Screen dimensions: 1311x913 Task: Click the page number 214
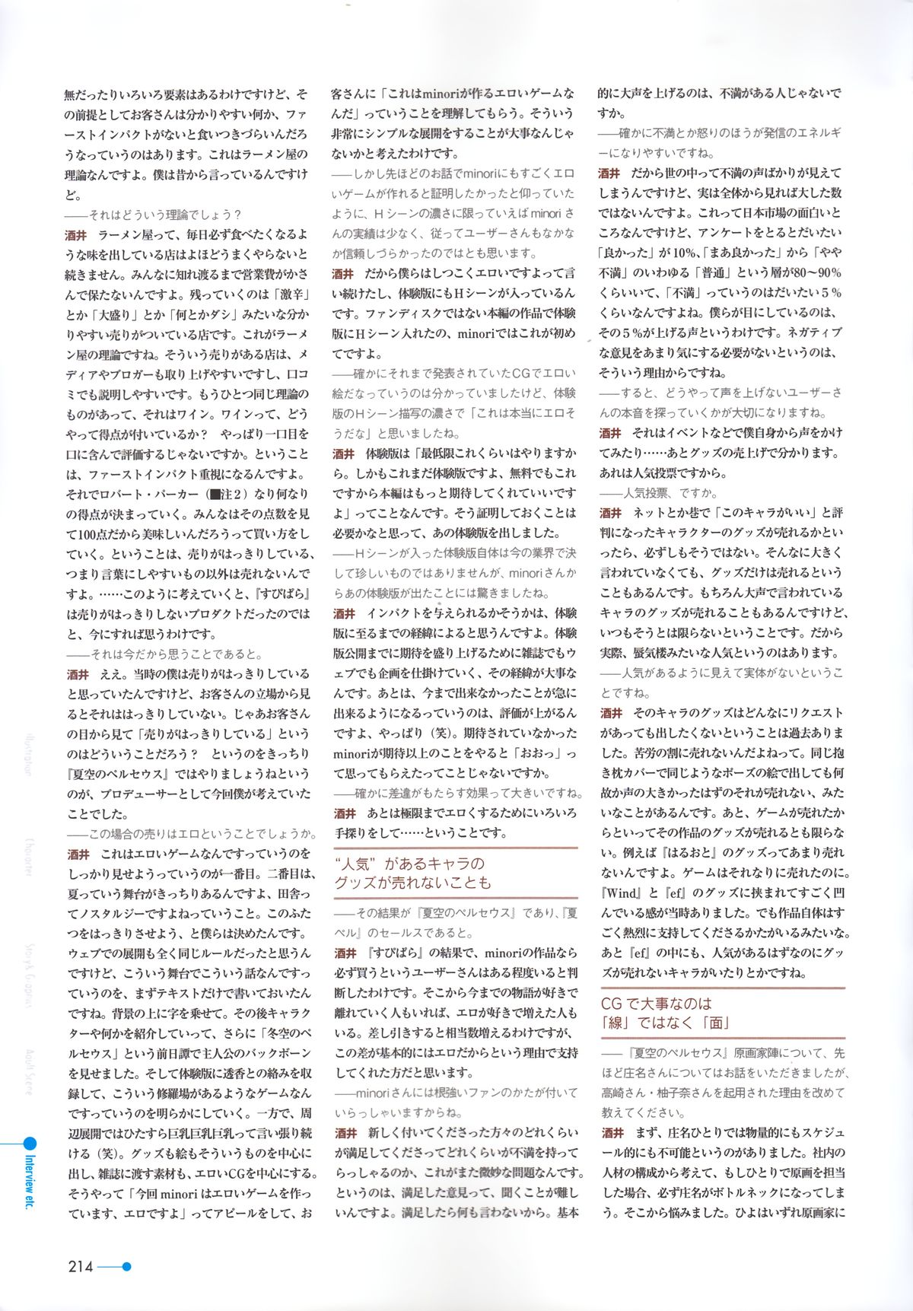pyautogui.click(x=80, y=1266)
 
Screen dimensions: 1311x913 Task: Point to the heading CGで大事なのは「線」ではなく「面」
pyautogui.click(x=665, y=1013)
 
